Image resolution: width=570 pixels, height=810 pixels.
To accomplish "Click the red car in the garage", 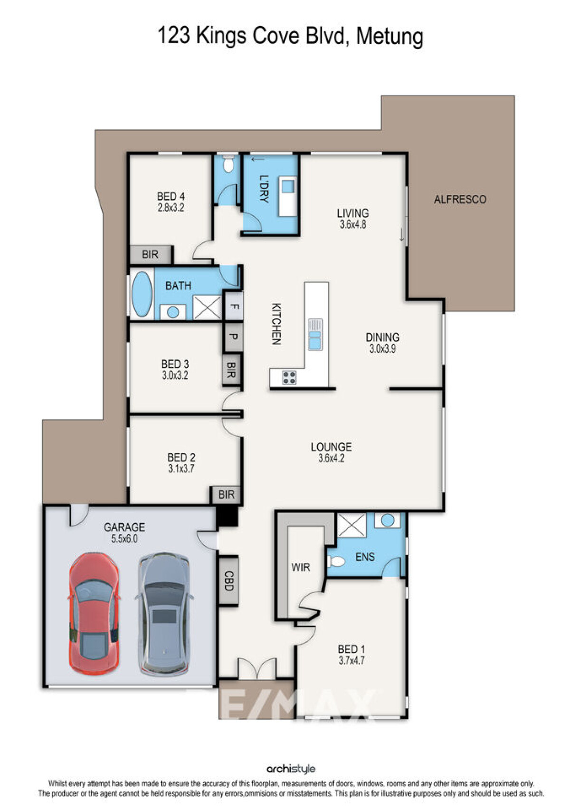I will coord(94,613).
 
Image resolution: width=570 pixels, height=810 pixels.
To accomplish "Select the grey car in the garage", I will coord(164,614).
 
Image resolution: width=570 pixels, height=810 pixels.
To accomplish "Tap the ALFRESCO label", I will coord(460,200).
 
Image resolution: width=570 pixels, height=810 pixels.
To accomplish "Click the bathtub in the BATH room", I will coord(142,294).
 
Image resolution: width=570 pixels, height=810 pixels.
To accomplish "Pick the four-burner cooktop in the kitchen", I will coord(289,378).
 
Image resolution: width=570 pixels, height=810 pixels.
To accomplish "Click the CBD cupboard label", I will coord(228,581).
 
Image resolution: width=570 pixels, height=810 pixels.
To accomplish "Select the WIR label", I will coord(300,568).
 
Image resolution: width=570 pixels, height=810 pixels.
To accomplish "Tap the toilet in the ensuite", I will coord(336,562).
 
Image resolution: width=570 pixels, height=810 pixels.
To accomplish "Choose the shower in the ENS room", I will coord(351,525).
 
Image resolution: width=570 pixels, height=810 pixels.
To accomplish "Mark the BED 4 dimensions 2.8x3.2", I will coord(171,208).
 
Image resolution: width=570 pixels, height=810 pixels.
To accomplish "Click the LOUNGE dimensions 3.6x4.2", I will coord(331,459).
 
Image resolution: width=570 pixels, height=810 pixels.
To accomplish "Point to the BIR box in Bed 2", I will coord(227,495).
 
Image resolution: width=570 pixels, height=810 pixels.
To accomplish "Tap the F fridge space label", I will coord(233,306).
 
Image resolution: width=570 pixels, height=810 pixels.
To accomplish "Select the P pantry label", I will coord(233,337).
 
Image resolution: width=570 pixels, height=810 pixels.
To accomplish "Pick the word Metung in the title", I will coord(389,36).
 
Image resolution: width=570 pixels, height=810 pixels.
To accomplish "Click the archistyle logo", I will coord(291,769).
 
